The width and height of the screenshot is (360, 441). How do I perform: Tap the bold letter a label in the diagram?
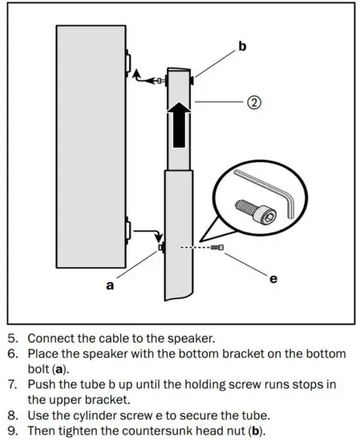[110, 285]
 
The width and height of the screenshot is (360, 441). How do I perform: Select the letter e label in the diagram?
[273, 279]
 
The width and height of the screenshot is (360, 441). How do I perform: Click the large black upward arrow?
[180, 123]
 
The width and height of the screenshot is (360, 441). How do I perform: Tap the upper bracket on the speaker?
[127, 63]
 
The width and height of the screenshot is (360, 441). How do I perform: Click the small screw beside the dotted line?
[216, 250]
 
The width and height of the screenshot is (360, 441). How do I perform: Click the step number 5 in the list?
[10, 338]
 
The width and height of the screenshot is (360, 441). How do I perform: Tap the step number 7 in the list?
[10, 383]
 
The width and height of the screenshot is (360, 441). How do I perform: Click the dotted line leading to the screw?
[192, 249]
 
